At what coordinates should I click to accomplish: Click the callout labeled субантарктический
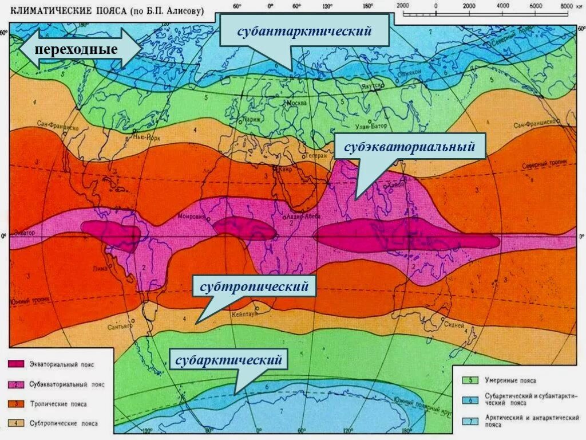pos(305,31)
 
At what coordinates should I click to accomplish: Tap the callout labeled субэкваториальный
pos(410,147)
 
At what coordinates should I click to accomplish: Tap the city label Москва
pos(296,103)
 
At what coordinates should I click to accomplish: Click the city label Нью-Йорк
pos(145,137)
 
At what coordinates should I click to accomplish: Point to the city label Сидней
pos(453,325)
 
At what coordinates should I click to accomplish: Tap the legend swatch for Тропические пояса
pos(17,404)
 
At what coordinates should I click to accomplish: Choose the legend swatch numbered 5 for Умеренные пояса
pos(470,380)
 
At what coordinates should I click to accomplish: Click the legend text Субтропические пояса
pos(65,424)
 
